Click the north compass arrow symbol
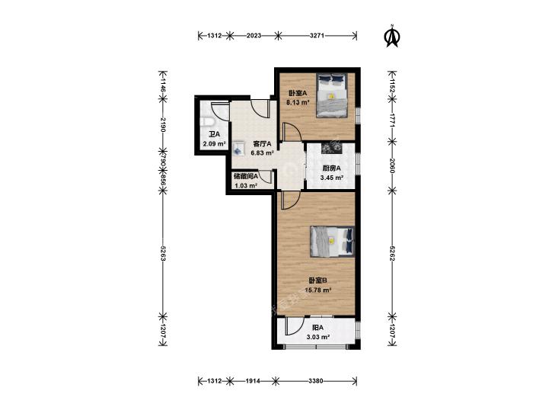(392, 36)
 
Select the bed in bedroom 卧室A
(332, 95)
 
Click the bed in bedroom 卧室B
(333, 241)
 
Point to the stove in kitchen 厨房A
(333, 149)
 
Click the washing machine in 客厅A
(238, 148)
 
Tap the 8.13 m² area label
(298, 103)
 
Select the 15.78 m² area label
(318, 290)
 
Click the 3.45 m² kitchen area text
(332, 178)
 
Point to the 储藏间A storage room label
(246, 176)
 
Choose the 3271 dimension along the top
(317, 35)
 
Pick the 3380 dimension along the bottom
(315, 381)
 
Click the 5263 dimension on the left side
(163, 253)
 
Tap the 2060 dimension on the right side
(392, 165)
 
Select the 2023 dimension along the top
(254, 35)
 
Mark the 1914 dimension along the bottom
(253, 381)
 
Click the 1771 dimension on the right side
(392, 120)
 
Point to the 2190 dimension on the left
(163, 125)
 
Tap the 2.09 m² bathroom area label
(214, 144)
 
